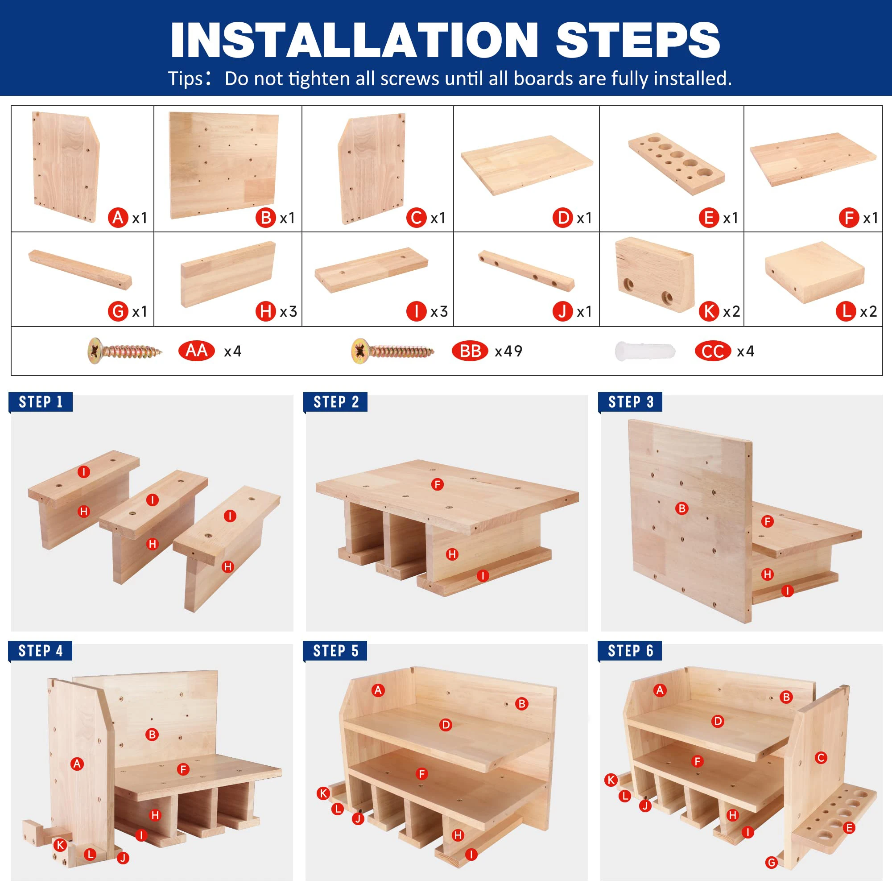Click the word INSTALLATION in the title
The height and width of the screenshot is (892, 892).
point(354,41)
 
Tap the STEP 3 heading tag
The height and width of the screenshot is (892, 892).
point(630,402)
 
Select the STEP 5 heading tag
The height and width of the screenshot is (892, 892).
point(335,651)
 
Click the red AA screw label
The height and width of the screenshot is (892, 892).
point(196,351)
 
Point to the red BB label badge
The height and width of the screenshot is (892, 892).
point(470,351)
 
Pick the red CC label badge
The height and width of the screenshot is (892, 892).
point(712,351)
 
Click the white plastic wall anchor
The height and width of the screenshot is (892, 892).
point(645,351)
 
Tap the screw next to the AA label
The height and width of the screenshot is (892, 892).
point(125,351)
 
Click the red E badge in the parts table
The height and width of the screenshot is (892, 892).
point(709,218)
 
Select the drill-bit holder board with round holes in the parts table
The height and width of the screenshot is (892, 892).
point(677,164)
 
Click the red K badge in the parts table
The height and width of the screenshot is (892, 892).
point(709,311)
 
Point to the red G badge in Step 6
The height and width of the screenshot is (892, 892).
point(772,863)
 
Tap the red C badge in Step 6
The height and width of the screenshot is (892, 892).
point(821,758)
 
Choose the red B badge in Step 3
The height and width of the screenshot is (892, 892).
point(681,508)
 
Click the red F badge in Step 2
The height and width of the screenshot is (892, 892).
point(437,484)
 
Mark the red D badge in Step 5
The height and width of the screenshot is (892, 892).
point(446,725)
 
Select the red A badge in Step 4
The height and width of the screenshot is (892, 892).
point(77,764)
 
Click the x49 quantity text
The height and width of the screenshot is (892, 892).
point(508,351)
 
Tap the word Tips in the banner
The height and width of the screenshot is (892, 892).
point(185,78)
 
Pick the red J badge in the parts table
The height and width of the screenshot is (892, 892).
point(562,311)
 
